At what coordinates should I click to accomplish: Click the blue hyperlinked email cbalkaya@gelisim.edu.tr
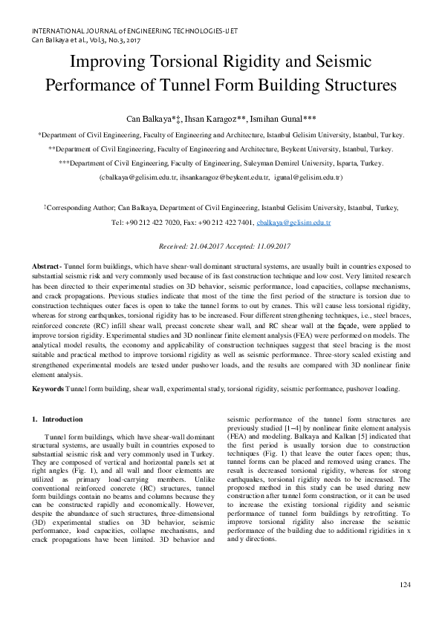pyautogui.click(x=293, y=222)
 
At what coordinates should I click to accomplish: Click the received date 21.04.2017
pyautogui.click(x=213, y=246)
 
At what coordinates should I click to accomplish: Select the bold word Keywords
pyautogui.click(x=48, y=389)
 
